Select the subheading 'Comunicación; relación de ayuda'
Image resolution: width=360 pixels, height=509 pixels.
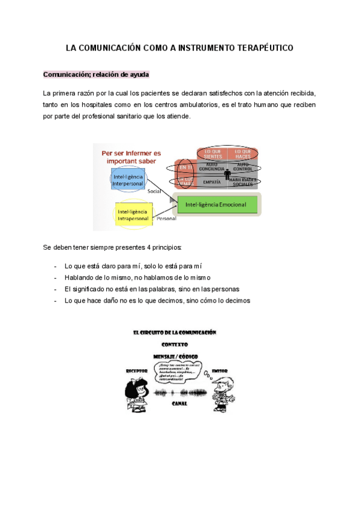(96, 74)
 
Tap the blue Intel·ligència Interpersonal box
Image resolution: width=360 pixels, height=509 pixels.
(129, 179)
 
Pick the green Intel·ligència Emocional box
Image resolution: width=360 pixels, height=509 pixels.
(217, 205)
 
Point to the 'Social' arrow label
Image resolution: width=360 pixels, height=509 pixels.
(155, 191)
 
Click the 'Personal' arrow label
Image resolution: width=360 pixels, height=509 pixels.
(166, 220)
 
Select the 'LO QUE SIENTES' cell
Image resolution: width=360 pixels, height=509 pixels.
(212, 154)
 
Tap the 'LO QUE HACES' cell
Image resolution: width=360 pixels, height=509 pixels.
(243, 154)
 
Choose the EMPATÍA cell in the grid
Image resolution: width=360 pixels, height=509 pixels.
(212, 181)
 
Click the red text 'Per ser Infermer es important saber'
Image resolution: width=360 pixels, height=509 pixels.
(131, 157)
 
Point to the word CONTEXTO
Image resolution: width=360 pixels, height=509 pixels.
(175, 345)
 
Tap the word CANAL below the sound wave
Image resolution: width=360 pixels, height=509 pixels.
(179, 403)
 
